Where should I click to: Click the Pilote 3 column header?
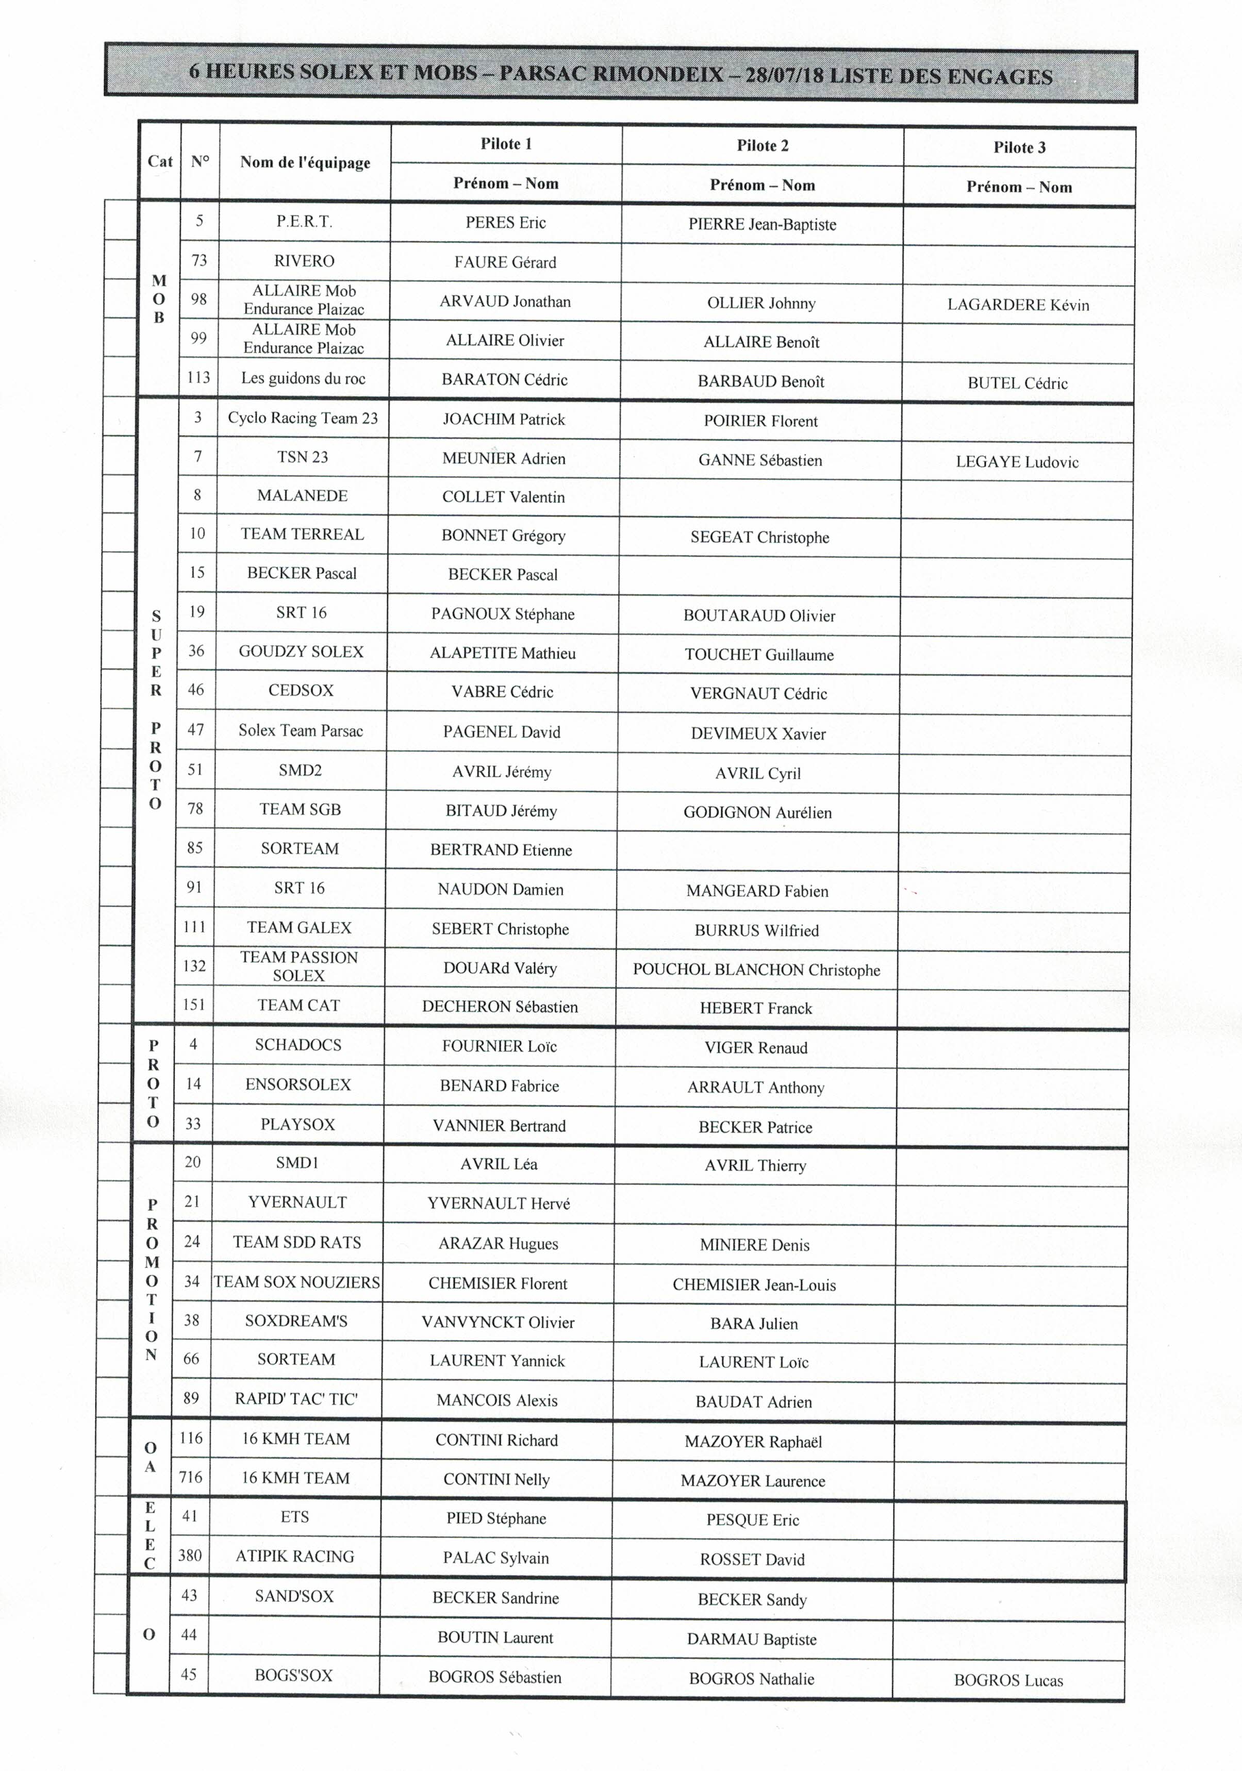tap(1019, 147)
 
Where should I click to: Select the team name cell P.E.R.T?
tap(304, 222)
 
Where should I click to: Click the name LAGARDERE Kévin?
tap(1018, 305)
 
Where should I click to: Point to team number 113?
tap(198, 378)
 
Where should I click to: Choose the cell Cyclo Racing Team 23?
tap(303, 418)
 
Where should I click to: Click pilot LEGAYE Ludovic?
tap(1017, 462)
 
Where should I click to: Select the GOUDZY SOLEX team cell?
tap(301, 652)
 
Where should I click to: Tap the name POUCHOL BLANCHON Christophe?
tap(756, 970)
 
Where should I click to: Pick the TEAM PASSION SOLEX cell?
tap(300, 966)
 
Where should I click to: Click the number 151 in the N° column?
tap(194, 1004)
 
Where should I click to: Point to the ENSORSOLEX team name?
tap(298, 1084)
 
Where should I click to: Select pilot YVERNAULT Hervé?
tap(499, 1204)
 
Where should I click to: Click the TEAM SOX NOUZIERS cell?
tap(297, 1282)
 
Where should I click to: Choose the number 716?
tap(191, 1477)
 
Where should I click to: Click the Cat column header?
tap(160, 161)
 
